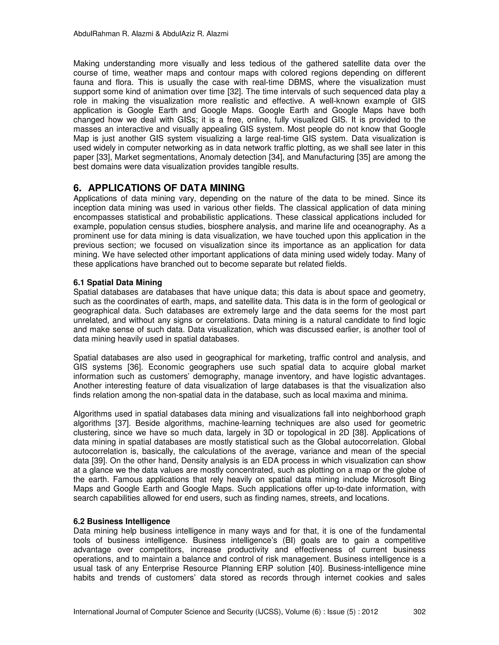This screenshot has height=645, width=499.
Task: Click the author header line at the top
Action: (x=151, y=34)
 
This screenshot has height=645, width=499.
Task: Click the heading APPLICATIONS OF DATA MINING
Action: (x=166, y=188)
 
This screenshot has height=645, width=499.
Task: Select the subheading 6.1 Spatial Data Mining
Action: (x=118, y=283)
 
